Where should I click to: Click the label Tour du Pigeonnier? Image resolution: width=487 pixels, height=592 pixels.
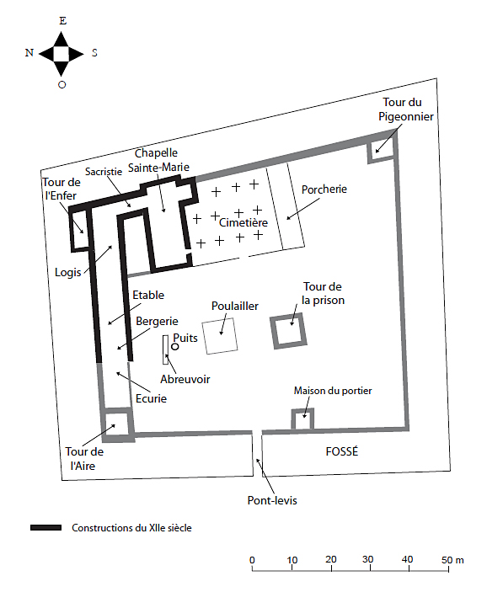406,109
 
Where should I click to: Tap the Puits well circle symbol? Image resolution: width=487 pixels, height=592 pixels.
175,346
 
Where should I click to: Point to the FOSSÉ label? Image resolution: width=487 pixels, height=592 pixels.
342,451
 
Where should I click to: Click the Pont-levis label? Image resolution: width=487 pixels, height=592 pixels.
272,500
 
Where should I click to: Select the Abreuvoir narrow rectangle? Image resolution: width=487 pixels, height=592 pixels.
165,349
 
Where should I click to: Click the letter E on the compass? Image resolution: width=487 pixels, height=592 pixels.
62,21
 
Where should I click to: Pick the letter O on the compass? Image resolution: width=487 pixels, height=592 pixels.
62,84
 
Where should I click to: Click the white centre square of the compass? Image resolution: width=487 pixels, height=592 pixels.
62,54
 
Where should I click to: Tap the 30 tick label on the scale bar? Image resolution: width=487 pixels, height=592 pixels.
367,559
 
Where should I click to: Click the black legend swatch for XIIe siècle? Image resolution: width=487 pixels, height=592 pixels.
45,527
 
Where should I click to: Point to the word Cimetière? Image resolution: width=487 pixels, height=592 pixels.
243,222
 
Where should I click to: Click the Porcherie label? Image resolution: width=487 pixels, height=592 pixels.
324,189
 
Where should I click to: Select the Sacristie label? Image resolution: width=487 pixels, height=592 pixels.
104,172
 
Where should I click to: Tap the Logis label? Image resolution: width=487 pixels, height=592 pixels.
68,272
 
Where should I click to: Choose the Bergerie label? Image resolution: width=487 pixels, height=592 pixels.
157,322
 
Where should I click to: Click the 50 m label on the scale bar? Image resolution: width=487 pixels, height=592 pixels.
452,559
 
